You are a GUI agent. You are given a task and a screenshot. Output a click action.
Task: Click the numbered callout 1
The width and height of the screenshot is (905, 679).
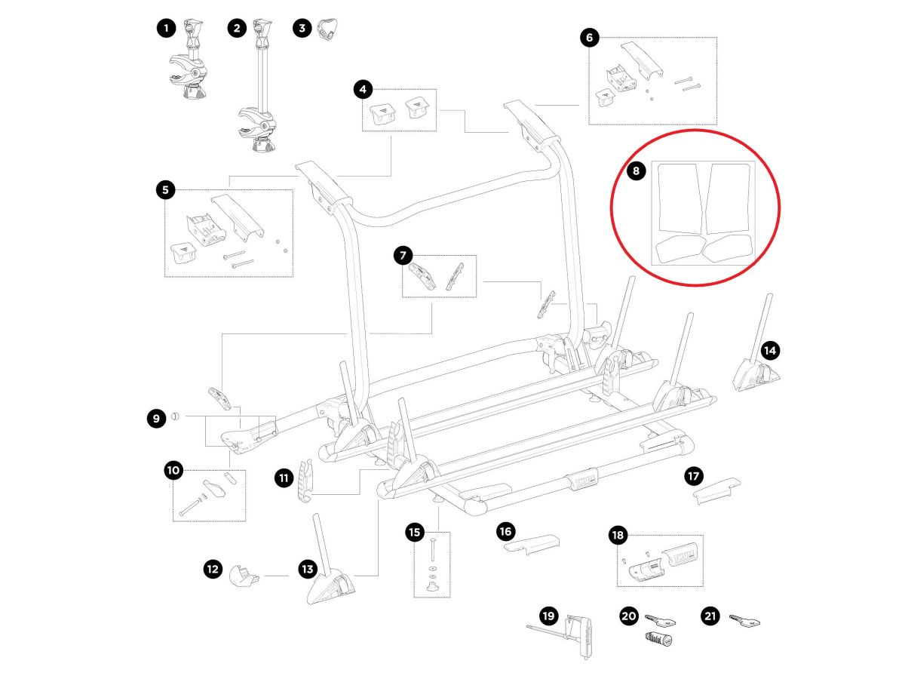(x=165, y=29)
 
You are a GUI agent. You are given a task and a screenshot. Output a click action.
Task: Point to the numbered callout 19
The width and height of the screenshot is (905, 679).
(x=548, y=616)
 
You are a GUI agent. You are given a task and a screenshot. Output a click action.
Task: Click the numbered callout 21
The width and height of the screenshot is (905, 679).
(x=710, y=616)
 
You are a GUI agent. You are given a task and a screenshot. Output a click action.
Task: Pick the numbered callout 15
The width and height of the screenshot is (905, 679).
(x=415, y=533)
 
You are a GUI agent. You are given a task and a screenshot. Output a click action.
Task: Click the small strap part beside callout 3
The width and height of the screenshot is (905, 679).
(x=326, y=29)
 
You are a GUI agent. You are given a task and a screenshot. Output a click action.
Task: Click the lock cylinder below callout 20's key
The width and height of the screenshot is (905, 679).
(x=658, y=639)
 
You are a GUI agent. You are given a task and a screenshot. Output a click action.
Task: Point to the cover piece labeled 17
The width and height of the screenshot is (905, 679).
(x=716, y=490)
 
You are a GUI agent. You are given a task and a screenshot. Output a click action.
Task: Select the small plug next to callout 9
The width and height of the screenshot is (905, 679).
(x=176, y=416)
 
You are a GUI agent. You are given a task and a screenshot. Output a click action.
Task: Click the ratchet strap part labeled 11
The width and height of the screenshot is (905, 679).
(x=305, y=481)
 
